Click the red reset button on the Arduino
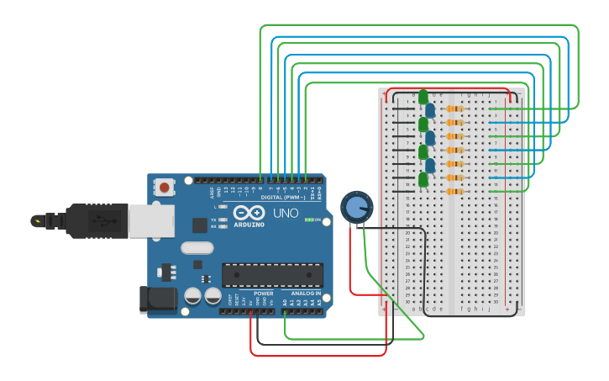[x=165, y=187]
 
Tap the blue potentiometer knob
[x=356, y=207]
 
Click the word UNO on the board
[x=288, y=212]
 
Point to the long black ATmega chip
[x=272, y=275]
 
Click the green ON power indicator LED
[x=309, y=220]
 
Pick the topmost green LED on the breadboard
[x=423, y=97]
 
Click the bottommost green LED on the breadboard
[x=423, y=179]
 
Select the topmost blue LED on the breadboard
[x=430, y=110]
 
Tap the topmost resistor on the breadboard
[x=454, y=108]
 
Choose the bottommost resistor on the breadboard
[x=454, y=192]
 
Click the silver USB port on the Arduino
[x=151, y=220]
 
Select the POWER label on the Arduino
[x=263, y=294]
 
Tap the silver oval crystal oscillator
[x=197, y=248]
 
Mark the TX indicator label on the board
[x=213, y=220]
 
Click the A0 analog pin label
[x=284, y=301]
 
